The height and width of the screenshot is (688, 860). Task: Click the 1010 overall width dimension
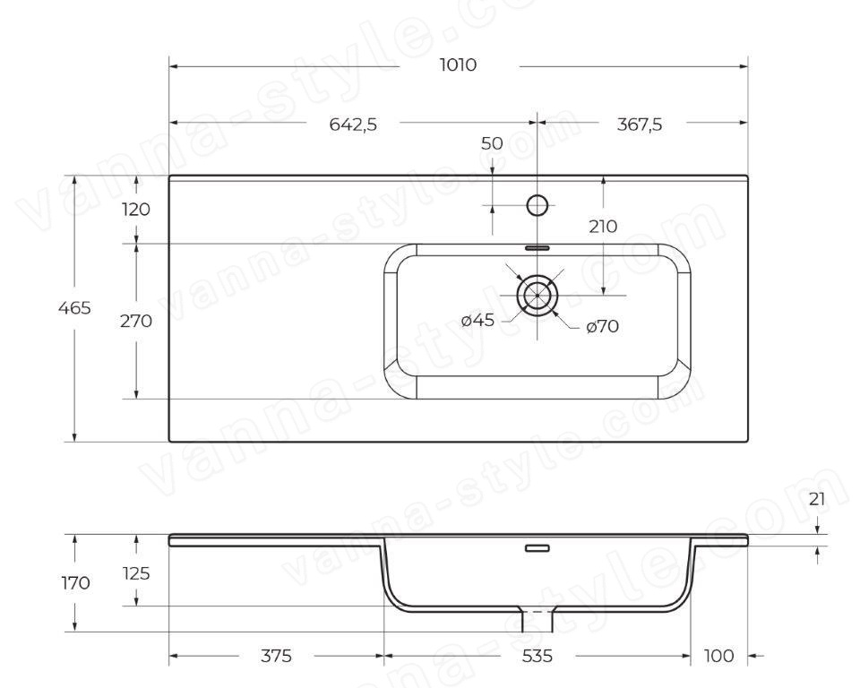458,65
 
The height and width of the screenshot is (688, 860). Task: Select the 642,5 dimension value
353,125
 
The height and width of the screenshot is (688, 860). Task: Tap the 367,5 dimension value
639,125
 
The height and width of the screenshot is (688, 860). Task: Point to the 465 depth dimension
74,308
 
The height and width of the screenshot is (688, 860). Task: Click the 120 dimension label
135,209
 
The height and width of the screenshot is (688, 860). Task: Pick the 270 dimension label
136,321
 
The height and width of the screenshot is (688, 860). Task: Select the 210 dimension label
603,226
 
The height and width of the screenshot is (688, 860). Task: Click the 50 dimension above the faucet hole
492,143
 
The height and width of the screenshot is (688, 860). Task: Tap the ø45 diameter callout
477,320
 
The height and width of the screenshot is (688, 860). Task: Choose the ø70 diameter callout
602,327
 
